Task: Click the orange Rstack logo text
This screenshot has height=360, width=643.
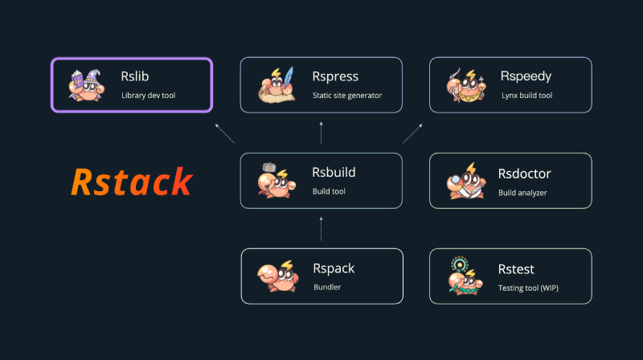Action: [132, 182]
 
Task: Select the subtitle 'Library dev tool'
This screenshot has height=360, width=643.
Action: [148, 96]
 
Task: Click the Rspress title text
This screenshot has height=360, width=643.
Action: [335, 77]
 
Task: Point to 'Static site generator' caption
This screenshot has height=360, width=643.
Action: [347, 96]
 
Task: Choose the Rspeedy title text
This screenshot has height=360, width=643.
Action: [526, 77]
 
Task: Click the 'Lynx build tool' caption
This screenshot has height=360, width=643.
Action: [527, 96]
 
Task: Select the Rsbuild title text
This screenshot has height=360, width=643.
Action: [334, 173]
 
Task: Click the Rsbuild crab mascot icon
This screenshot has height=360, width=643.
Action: [275, 181]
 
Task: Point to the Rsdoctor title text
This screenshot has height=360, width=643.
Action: [524, 173]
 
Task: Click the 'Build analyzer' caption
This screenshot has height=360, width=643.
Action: [522, 192]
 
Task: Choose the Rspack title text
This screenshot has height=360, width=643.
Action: [334, 268]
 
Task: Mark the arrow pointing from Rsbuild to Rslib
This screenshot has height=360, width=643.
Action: [227, 133]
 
